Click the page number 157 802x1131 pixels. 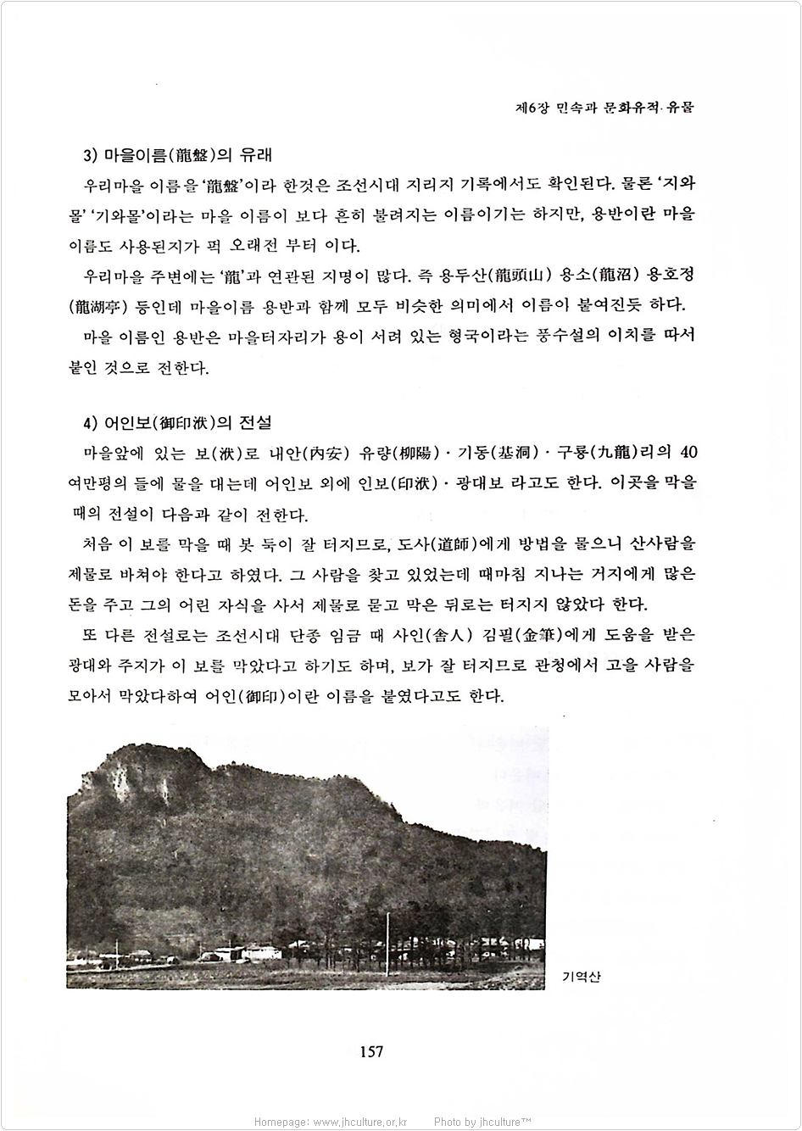point(371,1051)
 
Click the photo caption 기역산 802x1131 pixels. point(581,977)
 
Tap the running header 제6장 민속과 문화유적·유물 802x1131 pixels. point(604,109)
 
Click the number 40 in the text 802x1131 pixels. point(689,450)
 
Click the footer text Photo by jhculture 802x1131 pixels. point(483,1122)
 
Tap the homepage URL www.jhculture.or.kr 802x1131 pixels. point(360,1122)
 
